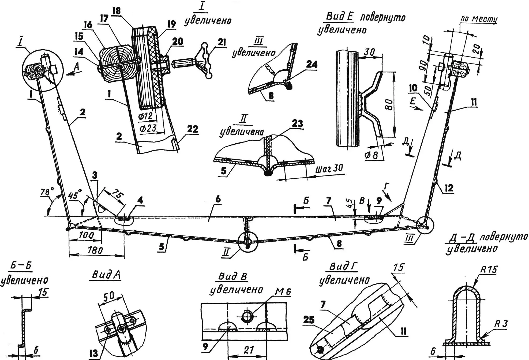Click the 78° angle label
pyautogui.click(x=47, y=192)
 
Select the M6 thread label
pyautogui.click(x=283, y=291)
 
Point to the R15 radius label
pyautogui.click(x=489, y=270)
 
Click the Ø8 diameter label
pyautogui.click(x=372, y=155)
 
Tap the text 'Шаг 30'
pyautogui.click(x=329, y=169)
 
